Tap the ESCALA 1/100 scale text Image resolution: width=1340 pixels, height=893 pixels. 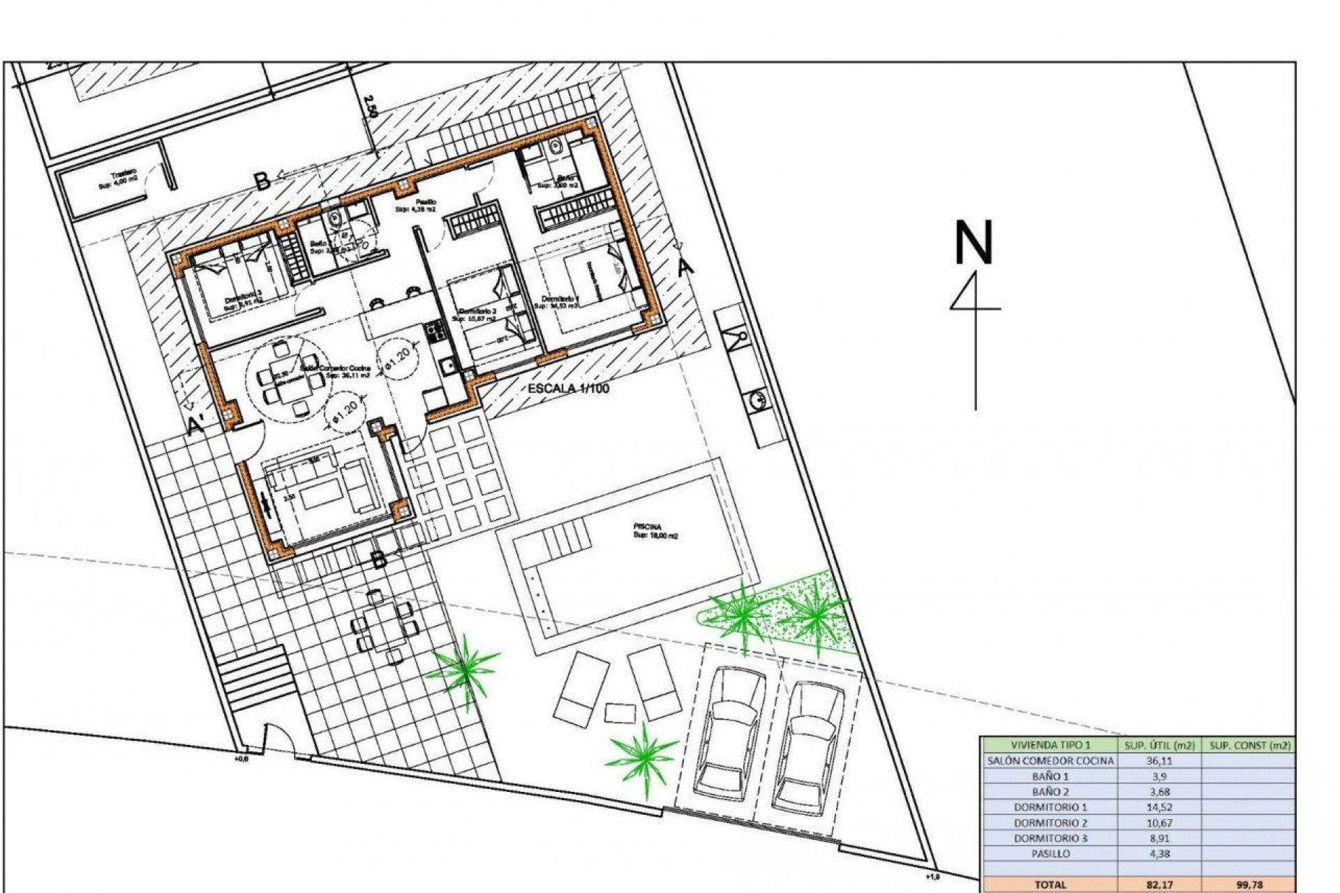coord(568,389)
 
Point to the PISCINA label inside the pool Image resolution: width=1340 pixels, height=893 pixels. coord(647,526)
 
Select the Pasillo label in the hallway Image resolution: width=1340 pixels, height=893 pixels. coord(426,202)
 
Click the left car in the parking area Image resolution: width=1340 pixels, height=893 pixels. coord(729,733)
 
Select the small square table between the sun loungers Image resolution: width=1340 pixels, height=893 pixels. coord(620,713)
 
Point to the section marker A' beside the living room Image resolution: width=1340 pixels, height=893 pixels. coord(197,423)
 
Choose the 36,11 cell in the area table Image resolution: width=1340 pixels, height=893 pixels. coord(1159,761)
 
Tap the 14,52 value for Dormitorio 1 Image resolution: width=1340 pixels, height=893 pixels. coord(1159,807)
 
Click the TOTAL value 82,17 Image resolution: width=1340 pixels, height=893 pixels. coord(1159,885)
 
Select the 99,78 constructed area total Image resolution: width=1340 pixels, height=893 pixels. coord(1249,885)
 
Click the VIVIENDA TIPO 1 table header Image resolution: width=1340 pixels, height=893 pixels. coord(1050,745)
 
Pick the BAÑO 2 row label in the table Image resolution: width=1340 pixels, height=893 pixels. coord(1050,792)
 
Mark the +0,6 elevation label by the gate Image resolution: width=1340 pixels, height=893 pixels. coord(240,758)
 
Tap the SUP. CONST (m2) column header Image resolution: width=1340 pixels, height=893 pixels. coord(1249,745)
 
